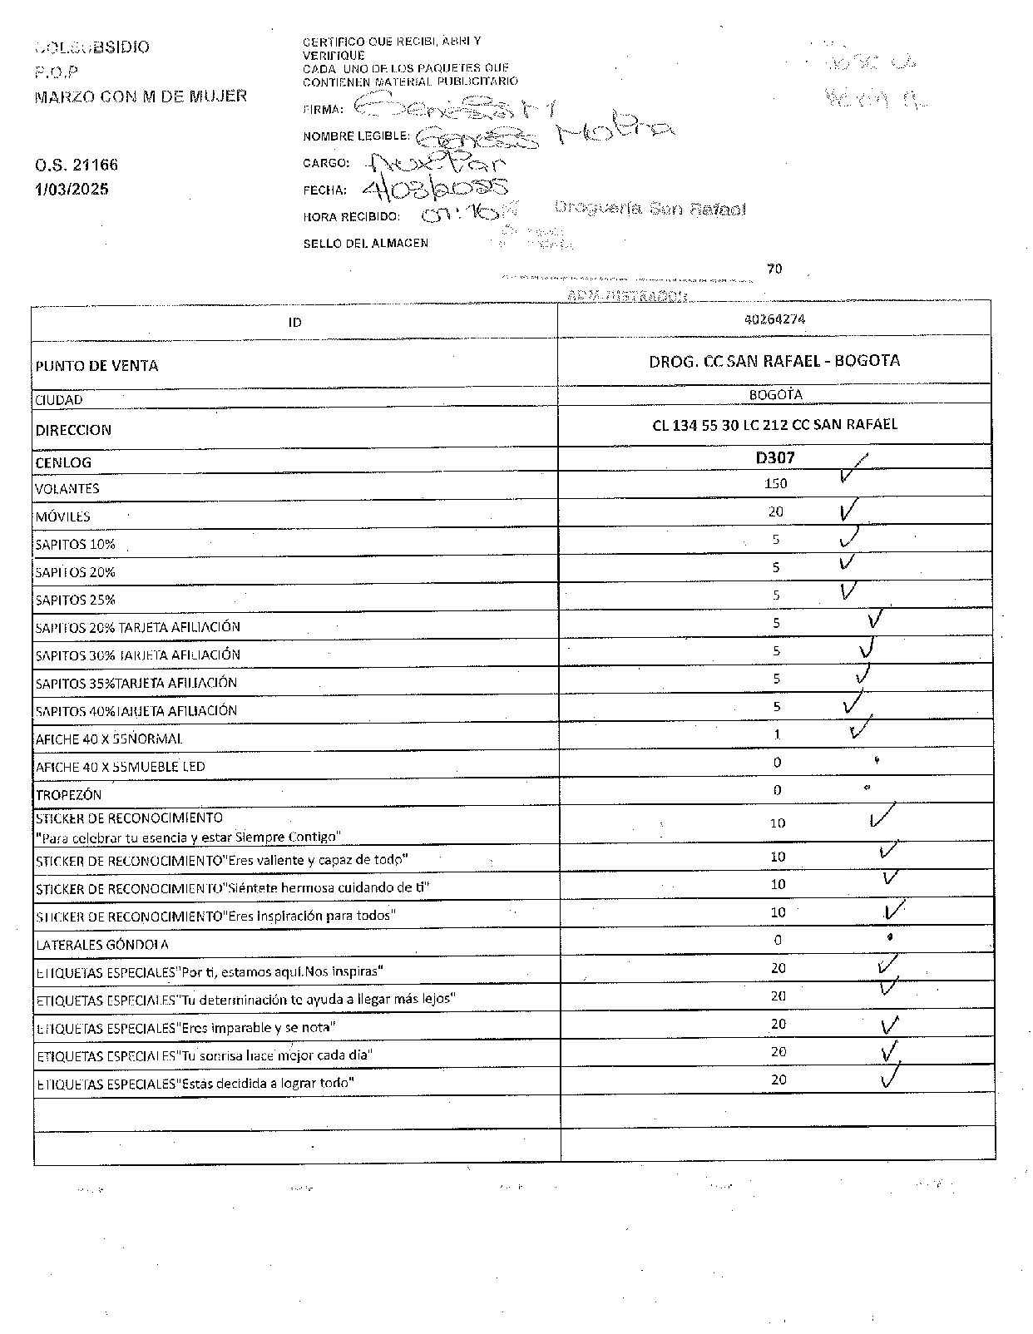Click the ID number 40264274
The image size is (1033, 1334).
[x=775, y=319]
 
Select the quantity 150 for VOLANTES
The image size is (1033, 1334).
[x=775, y=483]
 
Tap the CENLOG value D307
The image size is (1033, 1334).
[x=775, y=457]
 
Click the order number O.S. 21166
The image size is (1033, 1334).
[x=77, y=165]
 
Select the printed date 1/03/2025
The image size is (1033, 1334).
[x=72, y=189]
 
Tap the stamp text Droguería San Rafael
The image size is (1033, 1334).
[x=650, y=209]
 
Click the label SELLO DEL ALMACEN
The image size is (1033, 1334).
[x=365, y=243]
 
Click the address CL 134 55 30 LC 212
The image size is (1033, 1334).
[x=774, y=424]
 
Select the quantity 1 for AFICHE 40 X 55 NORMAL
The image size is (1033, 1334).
[x=777, y=734]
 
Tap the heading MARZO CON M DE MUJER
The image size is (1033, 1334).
[x=141, y=96]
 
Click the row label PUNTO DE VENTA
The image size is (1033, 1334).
[x=96, y=366]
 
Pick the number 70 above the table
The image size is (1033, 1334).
[x=774, y=269]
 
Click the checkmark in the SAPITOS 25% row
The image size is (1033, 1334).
[x=848, y=591]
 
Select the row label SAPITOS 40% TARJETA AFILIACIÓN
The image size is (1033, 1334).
[x=136, y=711]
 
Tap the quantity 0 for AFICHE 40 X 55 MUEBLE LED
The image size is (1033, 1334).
[x=777, y=762]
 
